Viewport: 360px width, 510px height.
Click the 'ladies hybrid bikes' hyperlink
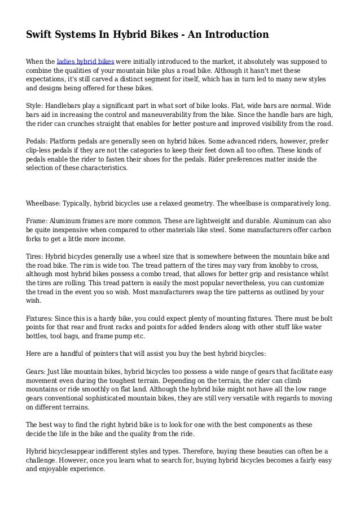86,61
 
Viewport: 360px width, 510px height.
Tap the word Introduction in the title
232,35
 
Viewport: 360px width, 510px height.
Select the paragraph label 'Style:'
36,106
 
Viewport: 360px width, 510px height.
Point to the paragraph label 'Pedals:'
38,141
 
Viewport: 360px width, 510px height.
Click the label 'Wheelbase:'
45,203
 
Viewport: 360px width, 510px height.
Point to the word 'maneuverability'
187,115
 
